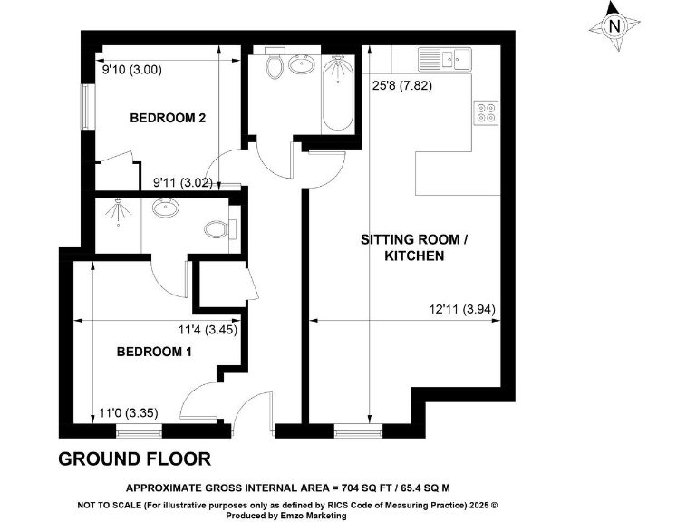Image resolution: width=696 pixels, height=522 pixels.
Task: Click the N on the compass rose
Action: tap(614, 26)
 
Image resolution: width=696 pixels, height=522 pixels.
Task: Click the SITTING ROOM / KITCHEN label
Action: tap(416, 248)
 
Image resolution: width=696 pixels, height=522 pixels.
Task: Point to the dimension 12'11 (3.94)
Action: tap(462, 310)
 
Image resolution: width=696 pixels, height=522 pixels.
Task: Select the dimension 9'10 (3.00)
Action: tap(132, 69)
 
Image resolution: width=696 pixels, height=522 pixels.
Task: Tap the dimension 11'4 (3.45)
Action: tap(208, 330)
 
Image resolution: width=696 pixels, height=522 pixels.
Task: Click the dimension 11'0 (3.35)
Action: tap(130, 413)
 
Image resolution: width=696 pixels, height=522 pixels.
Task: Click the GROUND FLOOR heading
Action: tap(134, 459)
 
